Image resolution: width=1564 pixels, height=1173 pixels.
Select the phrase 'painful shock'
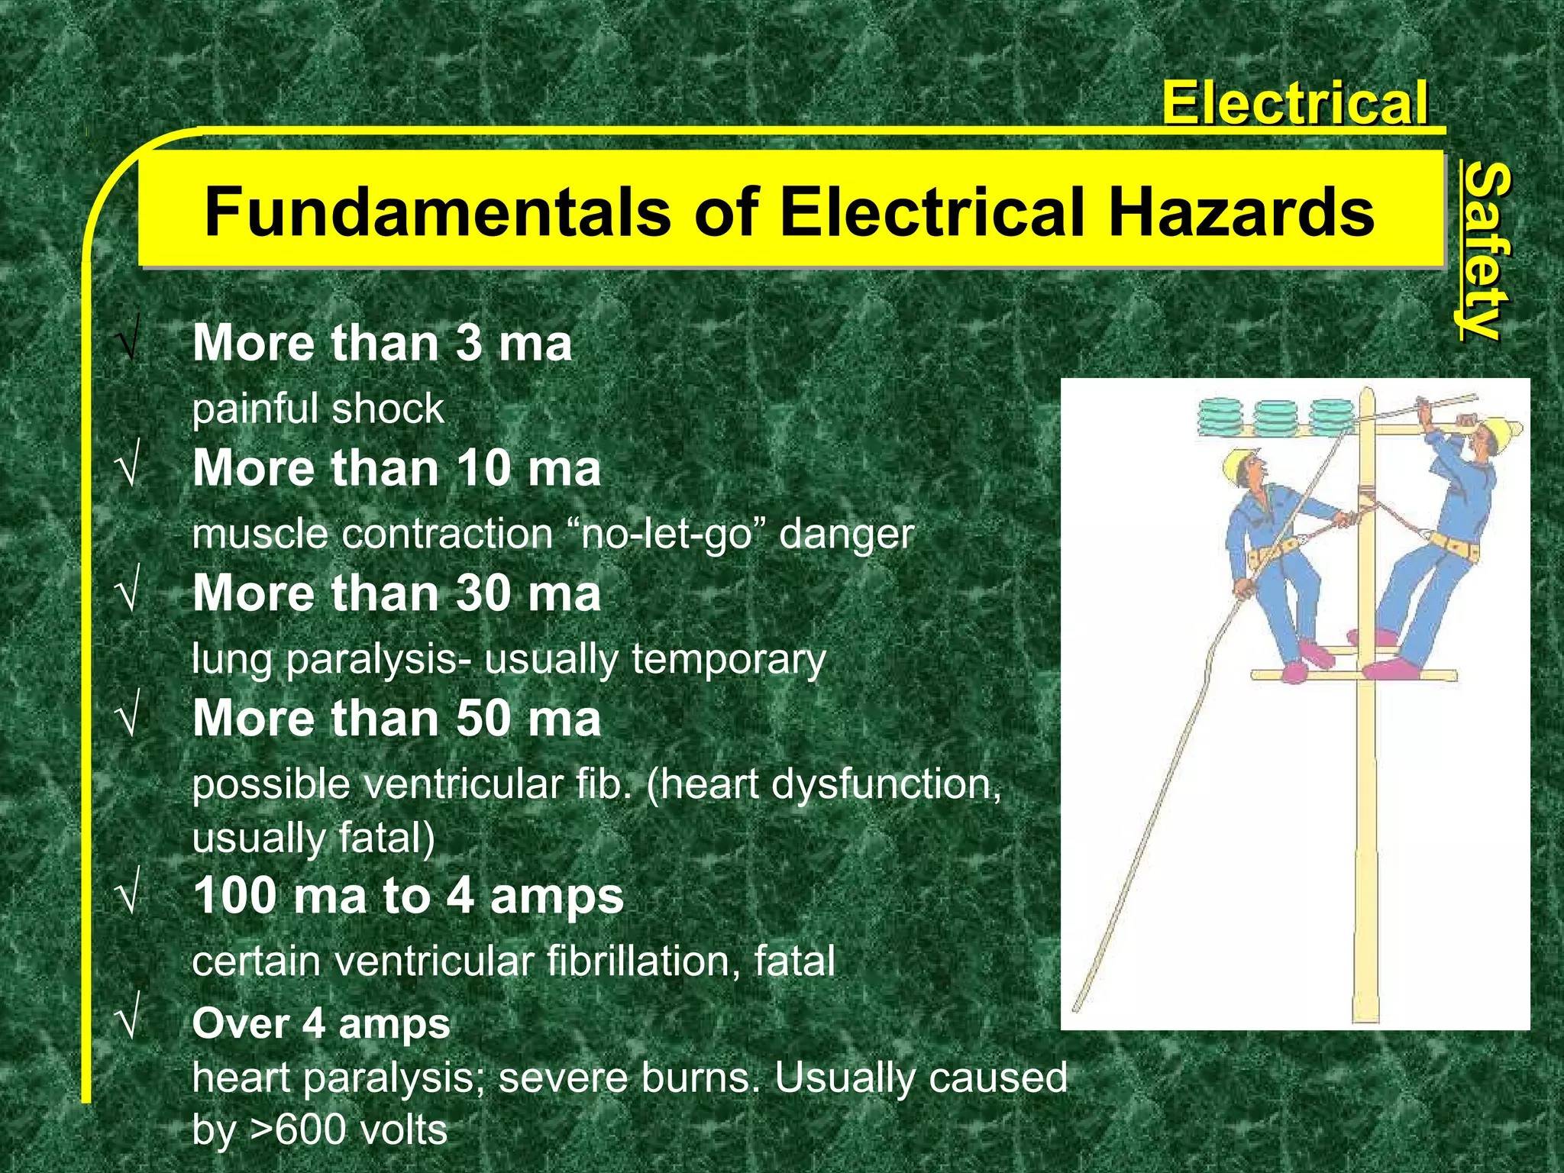click(318, 409)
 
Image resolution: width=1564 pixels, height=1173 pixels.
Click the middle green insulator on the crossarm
click(1275, 417)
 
